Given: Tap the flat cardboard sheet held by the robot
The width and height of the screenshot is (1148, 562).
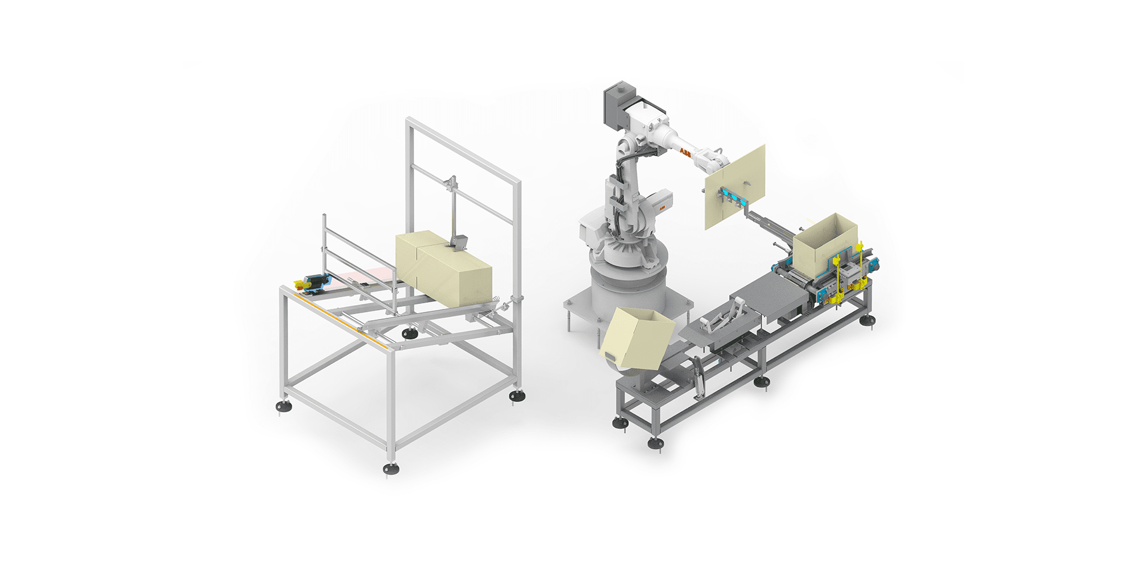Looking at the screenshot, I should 737,186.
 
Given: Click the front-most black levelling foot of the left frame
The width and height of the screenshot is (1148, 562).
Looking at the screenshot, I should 391,469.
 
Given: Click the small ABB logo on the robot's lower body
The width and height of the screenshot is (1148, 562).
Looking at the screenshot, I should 662,205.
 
